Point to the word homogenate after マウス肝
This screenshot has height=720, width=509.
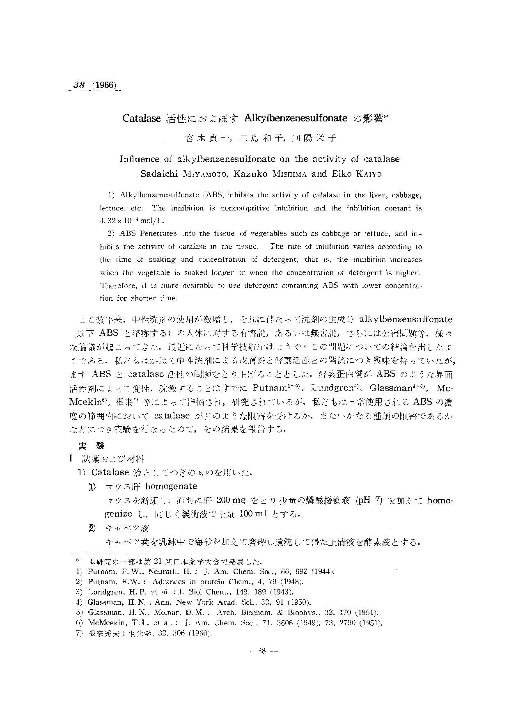coord(171,487)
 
